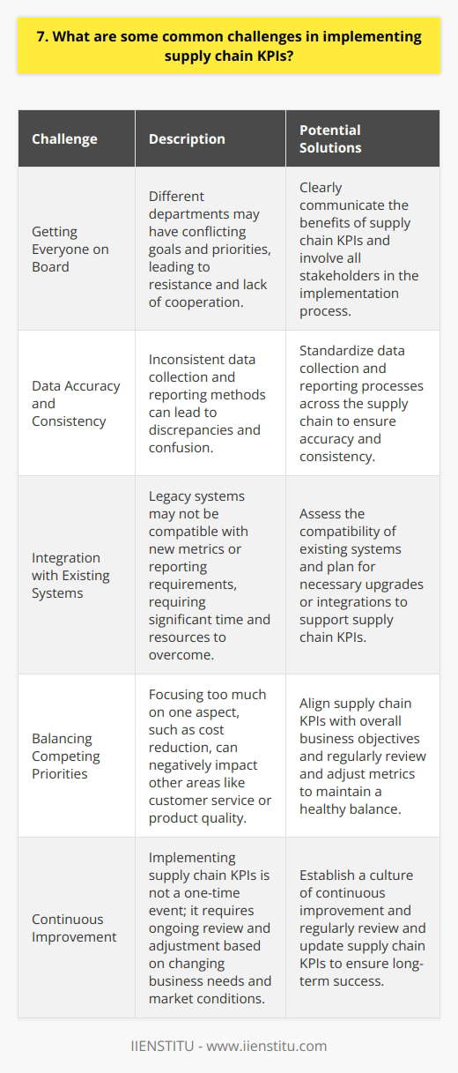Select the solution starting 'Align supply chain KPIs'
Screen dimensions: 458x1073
point(366,755)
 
